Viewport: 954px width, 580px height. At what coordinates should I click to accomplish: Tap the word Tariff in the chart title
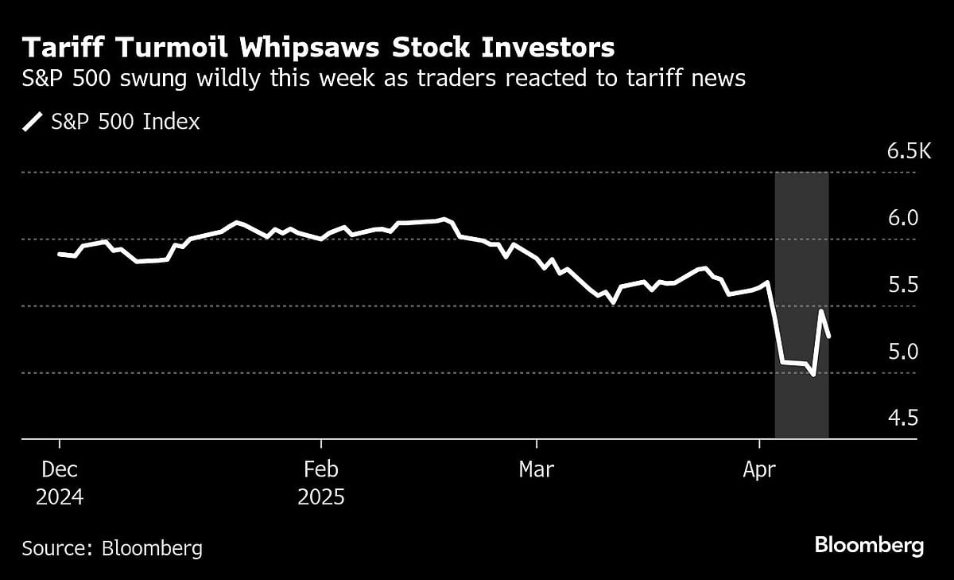tap(56, 49)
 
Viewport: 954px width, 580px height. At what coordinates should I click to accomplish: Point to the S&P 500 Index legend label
tap(126, 122)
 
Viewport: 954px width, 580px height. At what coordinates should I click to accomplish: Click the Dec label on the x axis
tap(60, 469)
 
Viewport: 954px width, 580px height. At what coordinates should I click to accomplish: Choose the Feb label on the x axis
tap(321, 469)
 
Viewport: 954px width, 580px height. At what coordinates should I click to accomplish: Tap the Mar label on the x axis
tap(537, 469)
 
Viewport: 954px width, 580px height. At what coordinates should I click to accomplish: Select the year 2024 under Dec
tap(60, 497)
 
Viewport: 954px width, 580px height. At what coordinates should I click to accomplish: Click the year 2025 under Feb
tap(321, 497)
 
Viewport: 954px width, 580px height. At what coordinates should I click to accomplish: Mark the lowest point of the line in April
tap(812, 374)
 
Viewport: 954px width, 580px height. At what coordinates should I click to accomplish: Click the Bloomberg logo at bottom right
tap(869, 546)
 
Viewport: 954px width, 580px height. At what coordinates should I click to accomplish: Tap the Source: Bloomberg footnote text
tap(112, 548)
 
